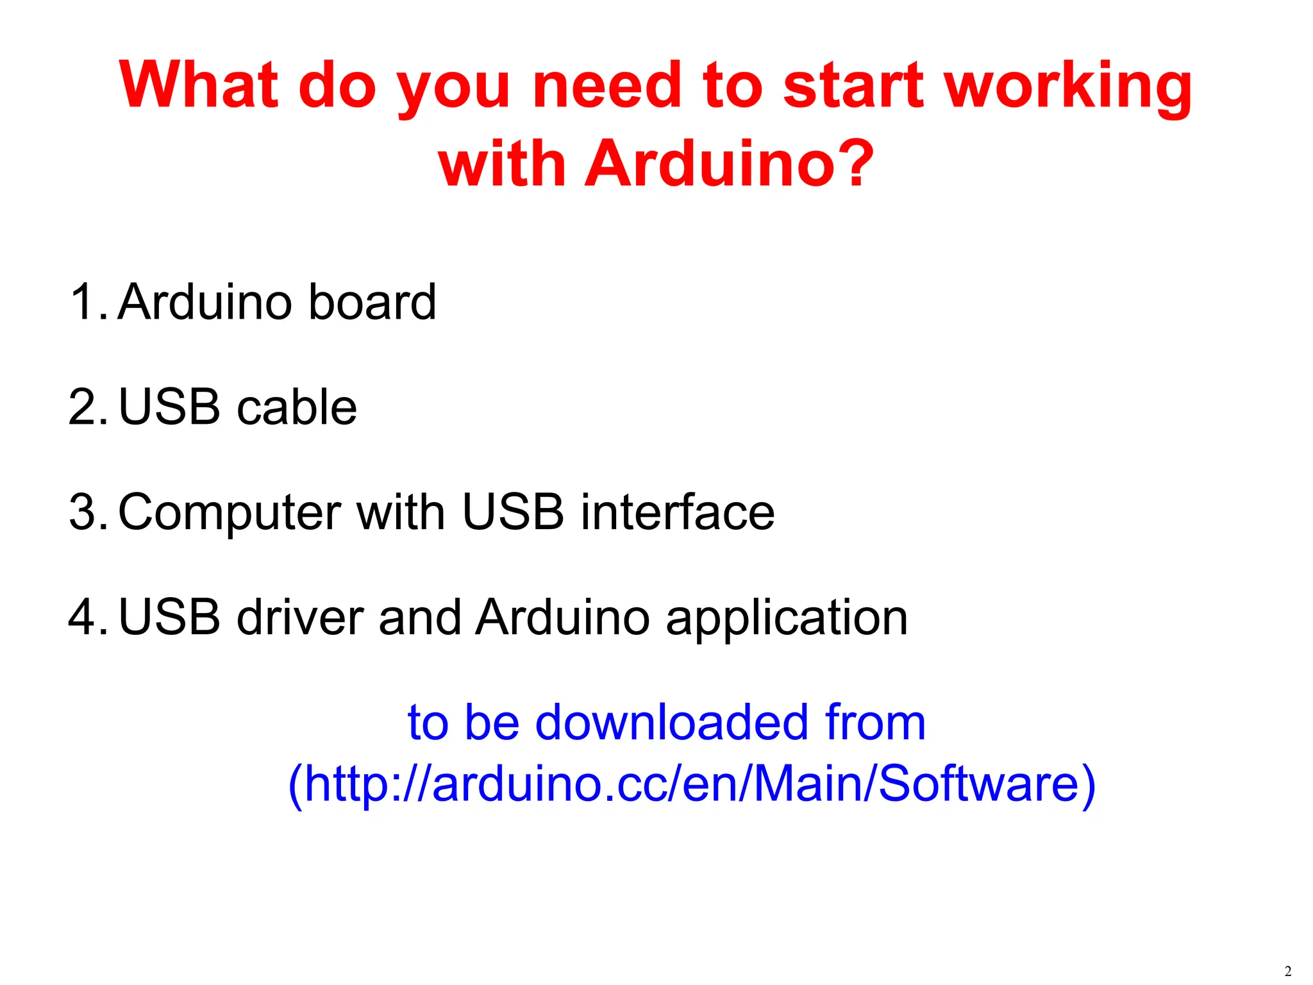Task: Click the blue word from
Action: (x=875, y=722)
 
